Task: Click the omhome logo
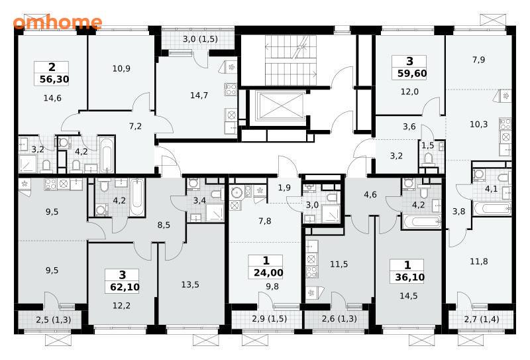(x=58, y=22)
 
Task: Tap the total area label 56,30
(x=54, y=79)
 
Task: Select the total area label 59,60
(x=412, y=73)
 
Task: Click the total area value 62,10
(x=125, y=287)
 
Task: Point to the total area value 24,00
(x=268, y=272)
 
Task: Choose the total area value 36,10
(x=409, y=277)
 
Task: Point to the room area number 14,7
(x=199, y=95)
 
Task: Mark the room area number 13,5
(x=190, y=285)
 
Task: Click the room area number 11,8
(x=478, y=261)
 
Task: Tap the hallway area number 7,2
(x=135, y=126)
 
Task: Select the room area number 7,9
(x=478, y=60)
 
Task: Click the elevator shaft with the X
(x=279, y=105)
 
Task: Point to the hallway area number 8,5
(x=164, y=225)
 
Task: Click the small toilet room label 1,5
(x=427, y=146)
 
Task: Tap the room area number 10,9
(x=121, y=69)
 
